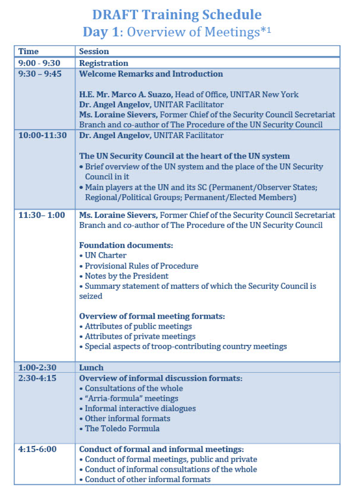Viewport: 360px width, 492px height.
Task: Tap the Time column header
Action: tap(28, 52)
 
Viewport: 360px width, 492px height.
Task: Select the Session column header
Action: tap(94, 52)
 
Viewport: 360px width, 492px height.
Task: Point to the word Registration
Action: tap(104, 63)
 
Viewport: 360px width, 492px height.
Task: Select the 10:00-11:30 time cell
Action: tap(42, 135)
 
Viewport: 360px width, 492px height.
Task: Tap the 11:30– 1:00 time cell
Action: tap(41, 215)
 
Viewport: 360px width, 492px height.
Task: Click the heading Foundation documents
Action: tap(126, 245)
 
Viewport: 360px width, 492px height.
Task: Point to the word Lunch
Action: tap(91, 368)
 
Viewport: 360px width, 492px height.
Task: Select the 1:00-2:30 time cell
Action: tap(38, 368)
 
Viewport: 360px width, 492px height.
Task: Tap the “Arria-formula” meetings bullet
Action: tap(131, 398)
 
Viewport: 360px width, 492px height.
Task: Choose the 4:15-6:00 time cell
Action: tap(38, 449)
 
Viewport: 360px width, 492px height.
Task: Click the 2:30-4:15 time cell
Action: tap(38, 378)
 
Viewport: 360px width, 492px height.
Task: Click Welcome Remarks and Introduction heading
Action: tap(151, 74)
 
